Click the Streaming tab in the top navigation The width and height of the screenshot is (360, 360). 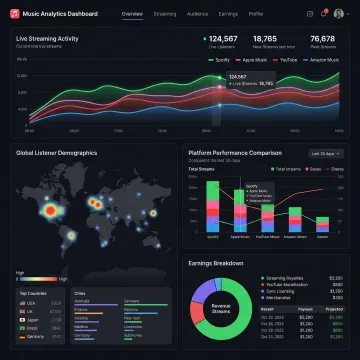(x=166, y=15)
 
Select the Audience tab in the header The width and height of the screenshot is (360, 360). (x=198, y=15)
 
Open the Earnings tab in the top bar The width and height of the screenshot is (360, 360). (x=228, y=15)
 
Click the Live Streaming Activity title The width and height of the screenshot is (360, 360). (x=48, y=37)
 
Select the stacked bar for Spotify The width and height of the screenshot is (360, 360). (x=213, y=211)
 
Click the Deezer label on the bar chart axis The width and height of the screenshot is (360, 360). (x=322, y=237)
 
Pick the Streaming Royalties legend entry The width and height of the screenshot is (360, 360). (x=284, y=278)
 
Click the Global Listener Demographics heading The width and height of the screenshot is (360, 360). (x=56, y=153)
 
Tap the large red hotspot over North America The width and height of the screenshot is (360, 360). (x=52, y=213)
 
